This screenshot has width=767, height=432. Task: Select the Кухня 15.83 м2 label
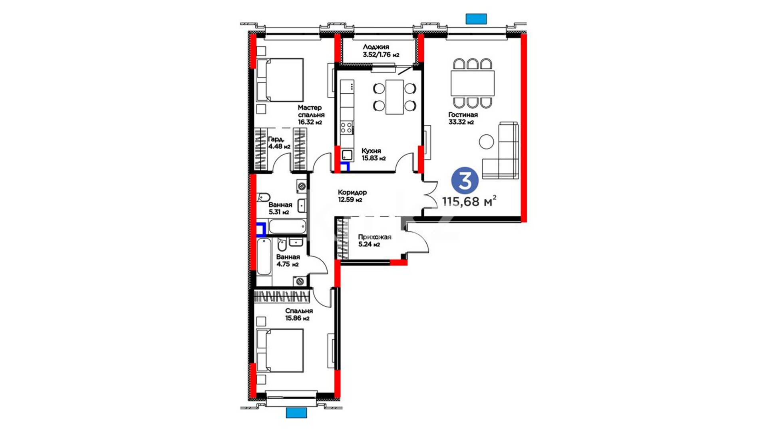[374, 154]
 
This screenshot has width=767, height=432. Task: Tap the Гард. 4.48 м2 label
[279, 143]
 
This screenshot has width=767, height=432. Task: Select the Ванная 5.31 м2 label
[280, 208]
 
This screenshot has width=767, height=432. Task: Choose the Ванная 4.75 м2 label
[288, 260]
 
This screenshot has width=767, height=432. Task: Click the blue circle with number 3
[465, 180]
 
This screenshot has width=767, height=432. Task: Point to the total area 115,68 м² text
[469, 201]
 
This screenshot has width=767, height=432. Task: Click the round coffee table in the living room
[487, 142]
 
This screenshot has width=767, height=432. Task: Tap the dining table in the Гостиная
[473, 83]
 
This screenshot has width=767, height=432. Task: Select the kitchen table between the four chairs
[395, 97]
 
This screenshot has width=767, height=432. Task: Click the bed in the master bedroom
[280, 80]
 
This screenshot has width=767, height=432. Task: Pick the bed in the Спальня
[280, 350]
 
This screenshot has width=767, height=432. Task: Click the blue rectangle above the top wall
[476, 19]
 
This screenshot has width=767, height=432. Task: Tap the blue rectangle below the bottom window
[296, 412]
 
